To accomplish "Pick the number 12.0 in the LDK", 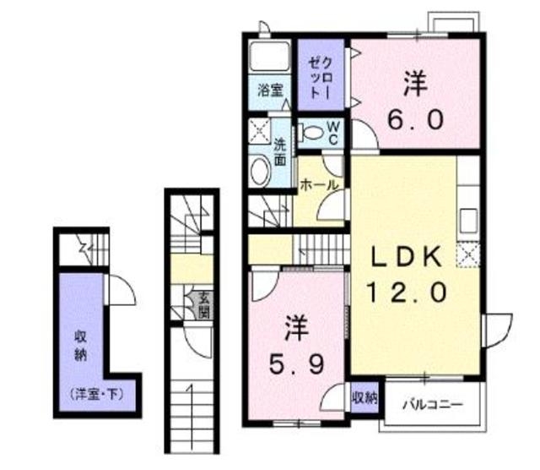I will coord(402,292).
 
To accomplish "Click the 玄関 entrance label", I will coord(204,305).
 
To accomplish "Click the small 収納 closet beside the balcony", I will coord(364,397).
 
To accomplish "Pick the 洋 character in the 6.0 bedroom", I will coord(413,84).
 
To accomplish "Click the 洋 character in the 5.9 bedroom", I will coord(294,324).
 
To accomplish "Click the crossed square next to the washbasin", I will coord(257,131).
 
